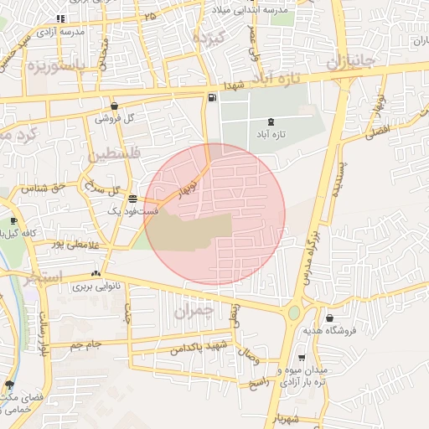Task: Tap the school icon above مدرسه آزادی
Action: coord(60,18)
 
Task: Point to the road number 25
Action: coord(150,16)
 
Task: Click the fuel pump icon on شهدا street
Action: coord(210,98)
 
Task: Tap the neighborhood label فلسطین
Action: coord(109,154)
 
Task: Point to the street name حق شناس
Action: coord(48,187)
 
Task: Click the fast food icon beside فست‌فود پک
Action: coord(133,199)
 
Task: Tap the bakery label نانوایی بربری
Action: coord(95,287)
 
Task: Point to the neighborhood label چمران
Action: coord(194,311)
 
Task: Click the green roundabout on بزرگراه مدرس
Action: coord(293,314)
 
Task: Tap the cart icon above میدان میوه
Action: coord(302,357)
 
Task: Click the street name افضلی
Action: coord(379,131)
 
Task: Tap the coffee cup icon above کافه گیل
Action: coord(13,221)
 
